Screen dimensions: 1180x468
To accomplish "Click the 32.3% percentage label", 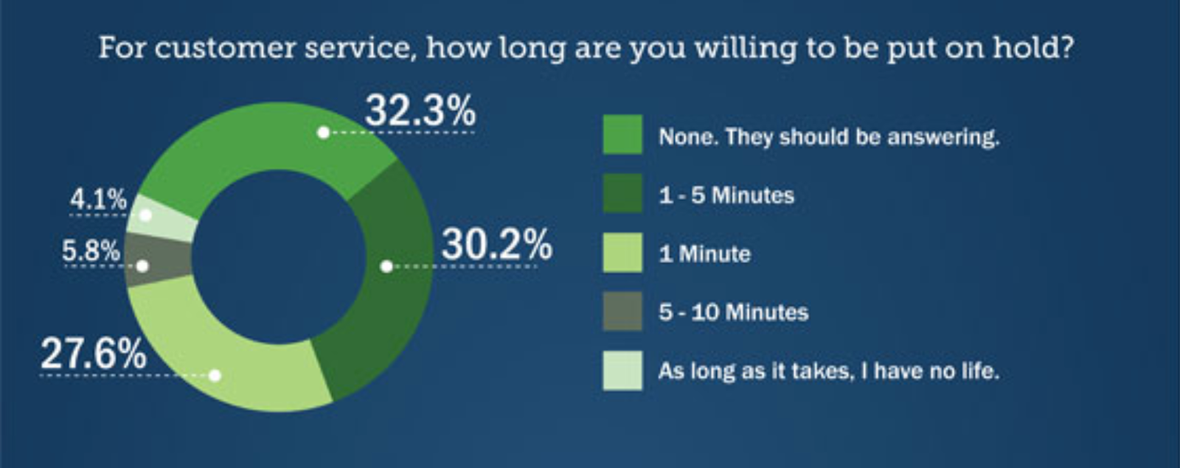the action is point(420,110).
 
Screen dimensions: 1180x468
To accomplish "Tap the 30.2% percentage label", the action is point(497,244).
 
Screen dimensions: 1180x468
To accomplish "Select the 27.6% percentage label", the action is point(93,353).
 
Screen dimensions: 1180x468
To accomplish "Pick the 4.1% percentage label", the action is point(99,200).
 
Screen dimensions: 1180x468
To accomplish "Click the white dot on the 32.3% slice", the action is point(324,133).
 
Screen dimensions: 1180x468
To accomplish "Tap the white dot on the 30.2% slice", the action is point(386,267).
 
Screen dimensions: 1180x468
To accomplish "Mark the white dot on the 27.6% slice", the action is point(215,375).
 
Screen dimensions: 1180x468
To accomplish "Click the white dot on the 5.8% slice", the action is point(142,266).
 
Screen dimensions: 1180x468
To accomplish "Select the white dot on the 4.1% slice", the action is point(145,215).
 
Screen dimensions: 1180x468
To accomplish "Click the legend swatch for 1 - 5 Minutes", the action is point(622,193).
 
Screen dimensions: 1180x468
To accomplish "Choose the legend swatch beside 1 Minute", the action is point(622,252).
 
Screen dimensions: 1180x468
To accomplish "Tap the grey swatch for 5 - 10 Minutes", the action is point(622,311).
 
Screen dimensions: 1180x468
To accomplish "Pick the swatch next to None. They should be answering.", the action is point(622,134).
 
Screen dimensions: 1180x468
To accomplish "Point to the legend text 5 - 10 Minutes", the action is point(733,312).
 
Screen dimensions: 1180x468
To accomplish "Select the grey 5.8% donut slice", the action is point(159,259).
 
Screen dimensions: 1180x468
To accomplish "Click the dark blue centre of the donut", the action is point(279,257).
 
